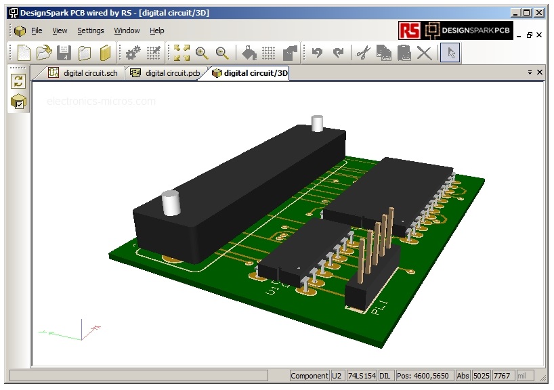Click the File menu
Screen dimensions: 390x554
point(37,30)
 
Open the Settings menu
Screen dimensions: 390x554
point(90,30)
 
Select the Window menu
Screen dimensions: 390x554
point(127,30)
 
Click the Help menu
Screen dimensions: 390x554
point(157,30)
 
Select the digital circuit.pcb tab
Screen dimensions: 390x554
point(165,73)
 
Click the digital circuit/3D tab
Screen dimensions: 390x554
point(250,73)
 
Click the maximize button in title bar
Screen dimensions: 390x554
point(527,12)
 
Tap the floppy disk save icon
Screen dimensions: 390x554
point(64,52)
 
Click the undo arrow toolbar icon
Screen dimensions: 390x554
point(317,52)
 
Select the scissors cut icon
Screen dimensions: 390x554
point(363,52)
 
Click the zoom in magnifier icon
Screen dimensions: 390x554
point(201,52)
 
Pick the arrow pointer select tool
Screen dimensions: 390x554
point(451,52)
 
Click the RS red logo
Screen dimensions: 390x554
point(409,30)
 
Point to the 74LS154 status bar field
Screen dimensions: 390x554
point(361,376)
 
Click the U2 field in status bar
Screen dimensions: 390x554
point(337,376)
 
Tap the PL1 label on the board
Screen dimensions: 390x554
point(379,308)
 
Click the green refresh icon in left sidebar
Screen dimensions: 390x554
point(18,81)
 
